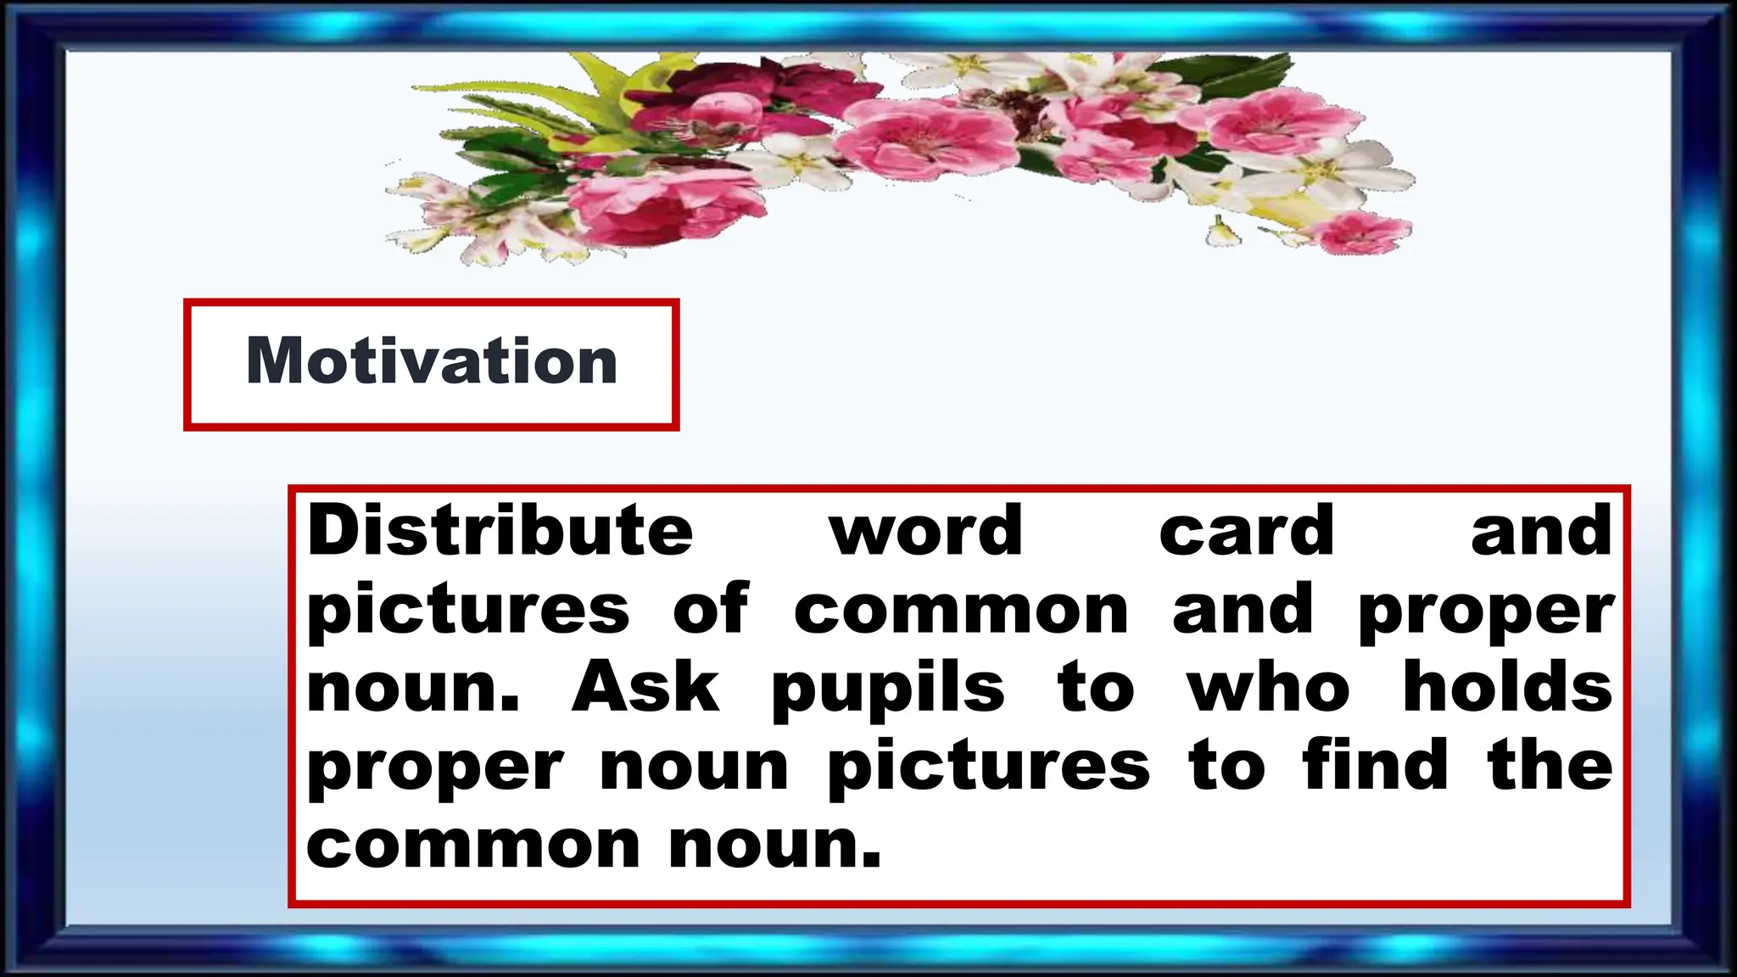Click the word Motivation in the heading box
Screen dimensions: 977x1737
coord(432,361)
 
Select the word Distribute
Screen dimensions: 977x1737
coord(500,531)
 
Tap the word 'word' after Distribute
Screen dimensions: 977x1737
coord(926,531)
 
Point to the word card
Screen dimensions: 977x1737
coord(1247,531)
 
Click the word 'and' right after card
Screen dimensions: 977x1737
coord(1541,531)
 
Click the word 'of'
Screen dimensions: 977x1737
coord(711,609)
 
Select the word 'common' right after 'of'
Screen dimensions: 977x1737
coord(961,611)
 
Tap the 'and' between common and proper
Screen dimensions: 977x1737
coord(1243,609)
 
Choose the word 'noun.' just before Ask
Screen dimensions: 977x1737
coord(413,689)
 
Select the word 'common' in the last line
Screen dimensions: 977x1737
coord(473,846)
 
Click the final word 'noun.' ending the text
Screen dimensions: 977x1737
coord(775,846)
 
